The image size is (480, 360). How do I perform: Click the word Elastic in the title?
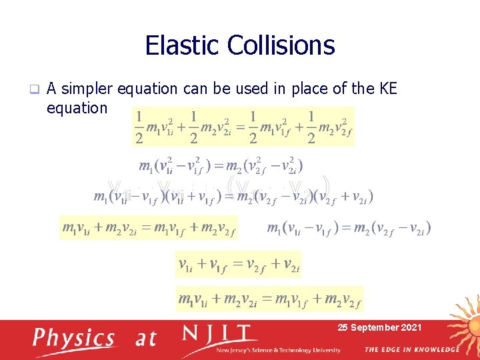click(182, 45)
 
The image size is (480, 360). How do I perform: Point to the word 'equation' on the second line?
click(77, 107)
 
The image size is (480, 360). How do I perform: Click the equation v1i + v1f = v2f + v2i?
click(239, 265)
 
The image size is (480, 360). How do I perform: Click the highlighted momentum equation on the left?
click(148, 229)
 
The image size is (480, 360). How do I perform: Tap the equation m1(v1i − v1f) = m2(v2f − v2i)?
click(348, 229)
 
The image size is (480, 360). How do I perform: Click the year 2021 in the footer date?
click(409, 327)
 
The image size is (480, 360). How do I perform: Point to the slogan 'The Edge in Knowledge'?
click(411, 349)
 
